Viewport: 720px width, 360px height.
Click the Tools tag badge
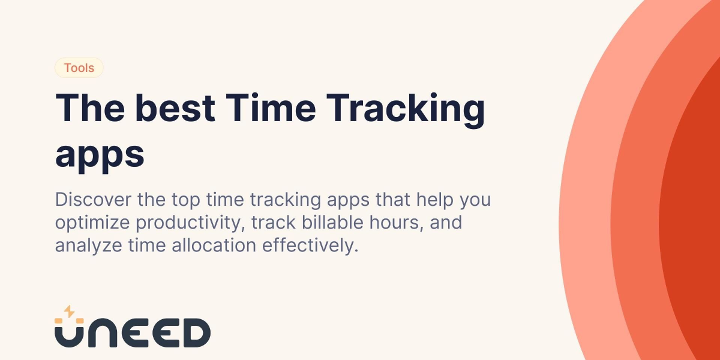[79, 68]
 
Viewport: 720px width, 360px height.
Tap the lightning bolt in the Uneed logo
[69, 311]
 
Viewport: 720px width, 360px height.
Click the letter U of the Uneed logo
[68, 334]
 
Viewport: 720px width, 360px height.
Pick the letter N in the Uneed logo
[101, 334]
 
